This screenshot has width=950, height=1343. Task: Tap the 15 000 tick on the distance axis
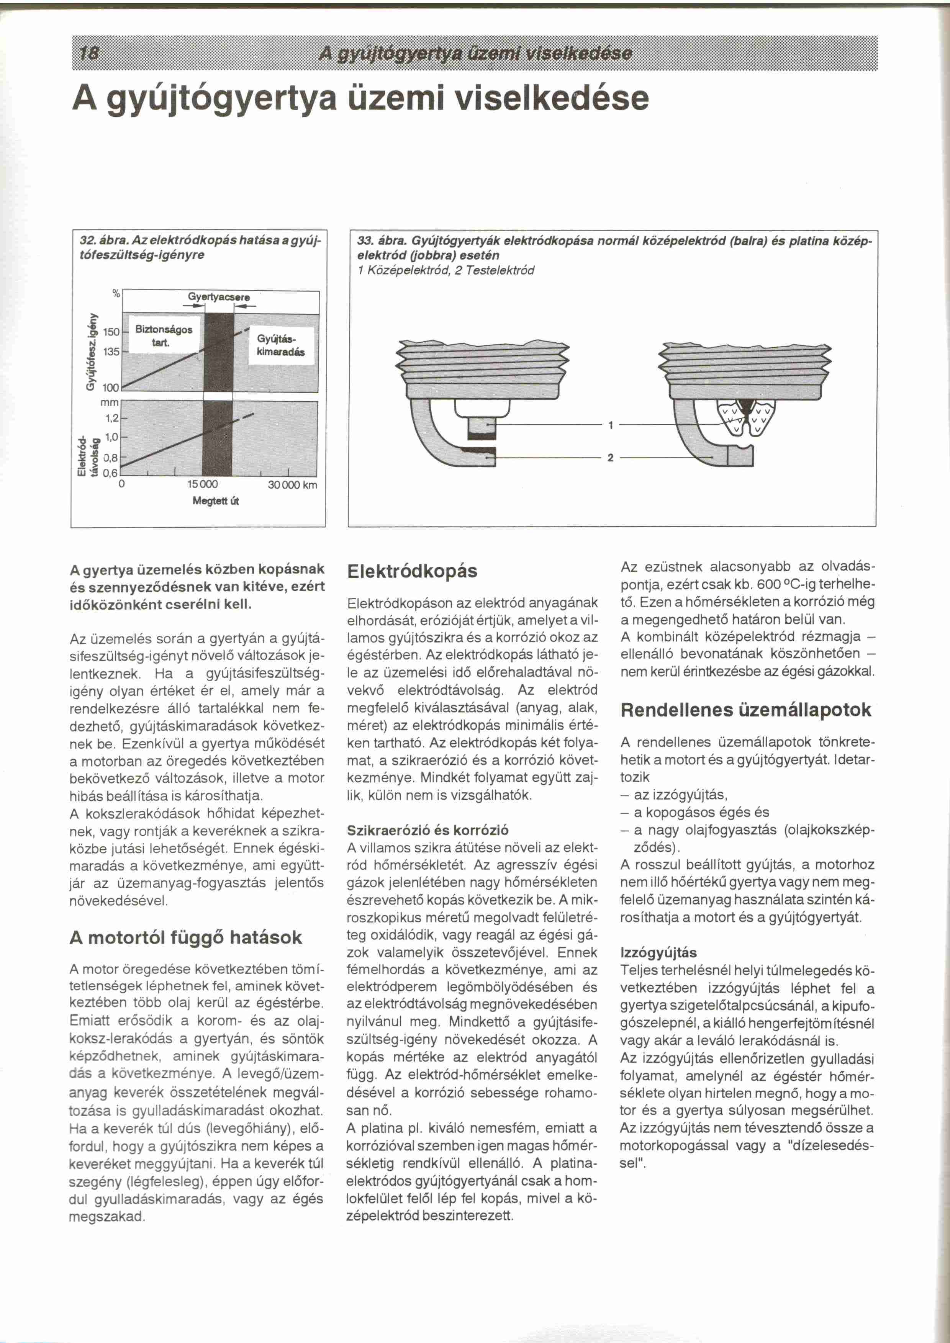point(202,485)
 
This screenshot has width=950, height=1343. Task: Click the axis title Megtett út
point(216,501)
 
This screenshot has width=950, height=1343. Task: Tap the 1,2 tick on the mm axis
point(112,418)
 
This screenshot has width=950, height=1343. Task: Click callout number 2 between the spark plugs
point(610,458)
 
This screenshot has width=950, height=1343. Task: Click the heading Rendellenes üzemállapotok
point(746,710)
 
